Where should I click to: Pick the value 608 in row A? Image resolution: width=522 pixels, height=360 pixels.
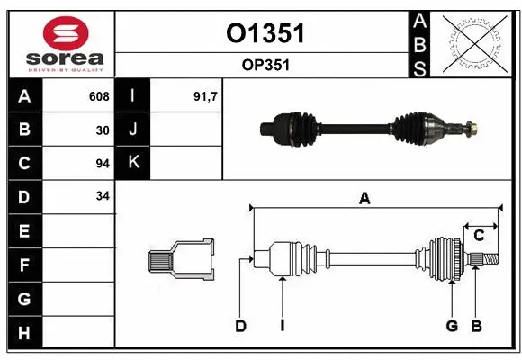coord(99,96)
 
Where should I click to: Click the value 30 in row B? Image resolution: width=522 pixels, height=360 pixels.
coord(103,130)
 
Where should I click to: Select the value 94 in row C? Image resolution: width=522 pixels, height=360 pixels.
coord(103,163)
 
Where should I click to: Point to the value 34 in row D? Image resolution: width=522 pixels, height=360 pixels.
coord(103,196)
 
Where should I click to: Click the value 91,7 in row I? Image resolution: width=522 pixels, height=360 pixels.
coord(206,96)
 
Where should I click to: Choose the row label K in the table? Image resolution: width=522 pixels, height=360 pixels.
coord(132,163)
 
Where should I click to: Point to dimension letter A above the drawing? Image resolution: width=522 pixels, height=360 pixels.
coord(364,199)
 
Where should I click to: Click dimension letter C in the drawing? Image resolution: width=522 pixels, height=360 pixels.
coord(479,235)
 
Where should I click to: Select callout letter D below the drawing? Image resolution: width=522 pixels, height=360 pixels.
coord(240,326)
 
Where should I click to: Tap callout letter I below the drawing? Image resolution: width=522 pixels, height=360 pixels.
coord(282,326)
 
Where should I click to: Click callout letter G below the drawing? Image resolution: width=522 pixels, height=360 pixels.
coord(452,326)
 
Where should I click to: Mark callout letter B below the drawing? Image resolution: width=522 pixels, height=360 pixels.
coord(476,326)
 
